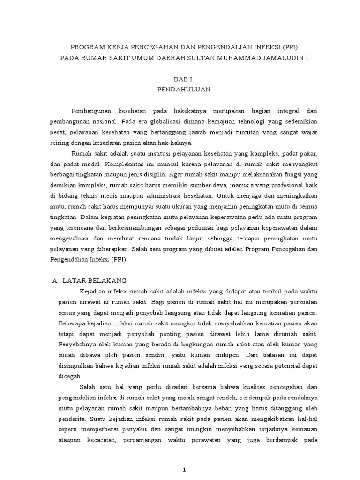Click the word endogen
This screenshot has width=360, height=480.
tap(221, 355)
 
